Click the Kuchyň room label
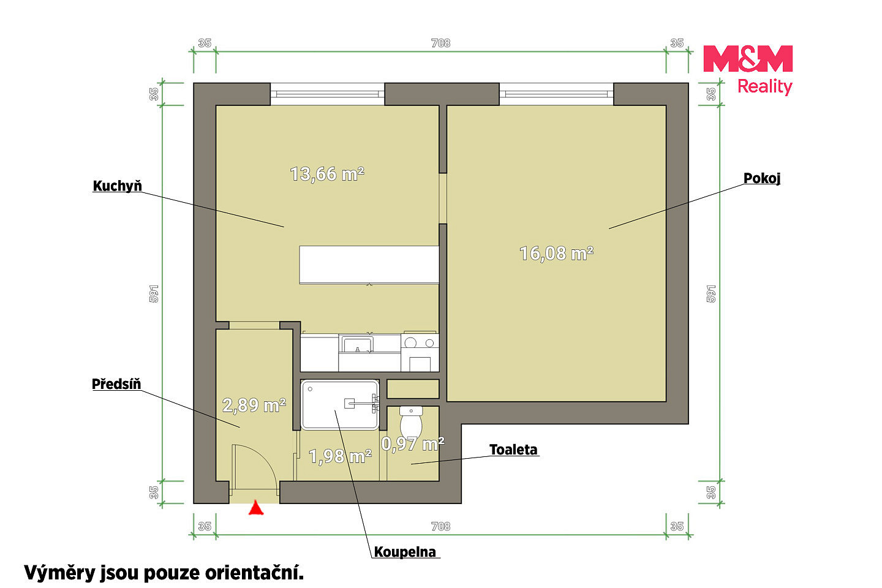tap(117, 186)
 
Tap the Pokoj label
tap(761, 178)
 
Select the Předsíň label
tap(116, 384)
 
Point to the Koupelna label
tap(405, 552)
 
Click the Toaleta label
tap(513, 450)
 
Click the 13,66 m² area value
tap(327, 174)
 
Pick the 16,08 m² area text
tap(556, 254)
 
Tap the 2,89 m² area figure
tap(254, 405)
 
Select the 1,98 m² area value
tap(340, 456)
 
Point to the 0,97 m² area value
tap(413, 444)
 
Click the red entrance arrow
tap(256, 508)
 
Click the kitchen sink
tap(356, 344)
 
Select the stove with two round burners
tap(420, 352)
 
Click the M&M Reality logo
tap(748, 70)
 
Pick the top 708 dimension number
tap(440, 43)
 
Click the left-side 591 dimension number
tap(154, 294)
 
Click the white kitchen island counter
tap(369, 265)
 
